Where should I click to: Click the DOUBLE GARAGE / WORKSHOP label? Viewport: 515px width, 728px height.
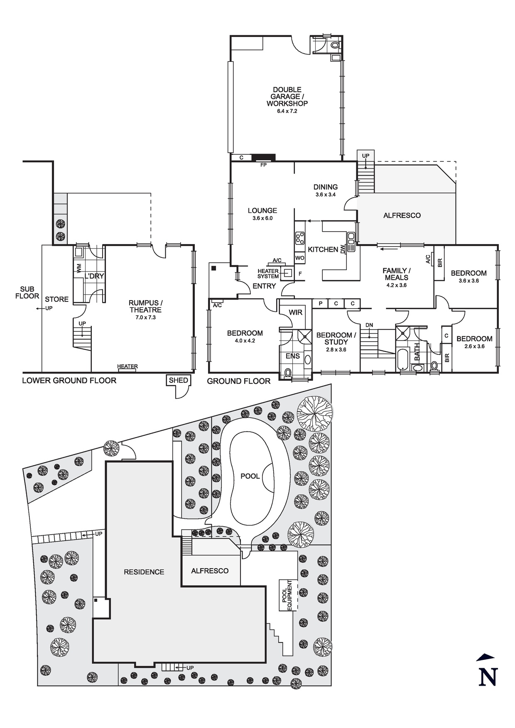pyautogui.click(x=287, y=96)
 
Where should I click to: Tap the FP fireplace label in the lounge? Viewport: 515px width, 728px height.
pyautogui.click(x=263, y=165)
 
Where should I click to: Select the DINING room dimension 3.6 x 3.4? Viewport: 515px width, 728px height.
pyautogui.click(x=325, y=194)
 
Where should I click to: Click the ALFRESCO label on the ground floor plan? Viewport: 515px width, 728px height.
pyautogui.click(x=402, y=215)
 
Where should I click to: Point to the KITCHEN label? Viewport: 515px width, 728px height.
pyautogui.click(x=323, y=249)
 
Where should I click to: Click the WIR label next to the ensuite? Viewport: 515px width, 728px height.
pyautogui.click(x=295, y=312)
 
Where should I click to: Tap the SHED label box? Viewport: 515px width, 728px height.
pyautogui.click(x=179, y=380)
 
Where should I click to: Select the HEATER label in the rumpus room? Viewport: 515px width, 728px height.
pyautogui.click(x=128, y=366)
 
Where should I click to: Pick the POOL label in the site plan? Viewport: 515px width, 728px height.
pyautogui.click(x=250, y=476)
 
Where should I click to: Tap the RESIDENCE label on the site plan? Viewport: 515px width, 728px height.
pyautogui.click(x=144, y=572)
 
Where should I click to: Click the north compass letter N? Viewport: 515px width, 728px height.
pyautogui.click(x=488, y=677)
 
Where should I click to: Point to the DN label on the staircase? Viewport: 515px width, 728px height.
pyautogui.click(x=369, y=325)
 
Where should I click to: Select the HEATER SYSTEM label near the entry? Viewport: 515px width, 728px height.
pyautogui.click(x=268, y=274)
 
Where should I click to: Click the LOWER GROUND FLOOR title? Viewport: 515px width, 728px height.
pyautogui.click(x=69, y=380)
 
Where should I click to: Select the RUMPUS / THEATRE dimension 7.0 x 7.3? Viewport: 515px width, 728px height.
pyautogui.click(x=145, y=317)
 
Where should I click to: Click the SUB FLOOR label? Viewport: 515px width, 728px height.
pyautogui.click(x=27, y=293)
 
